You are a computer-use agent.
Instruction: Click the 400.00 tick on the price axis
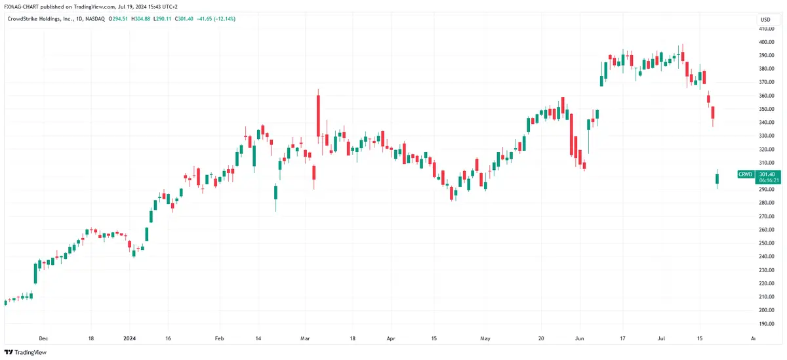point(766,42)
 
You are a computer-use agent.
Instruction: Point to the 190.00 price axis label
point(766,324)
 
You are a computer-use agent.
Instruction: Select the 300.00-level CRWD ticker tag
point(746,174)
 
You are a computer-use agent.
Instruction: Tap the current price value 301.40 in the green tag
point(767,174)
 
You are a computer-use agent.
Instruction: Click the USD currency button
point(765,20)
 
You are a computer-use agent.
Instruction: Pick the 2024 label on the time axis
point(129,338)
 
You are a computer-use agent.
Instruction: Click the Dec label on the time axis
point(43,338)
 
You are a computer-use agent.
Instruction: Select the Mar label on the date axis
point(305,338)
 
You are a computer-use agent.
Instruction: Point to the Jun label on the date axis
point(579,338)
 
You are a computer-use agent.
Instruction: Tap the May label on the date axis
point(485,338)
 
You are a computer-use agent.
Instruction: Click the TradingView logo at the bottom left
point(26,352)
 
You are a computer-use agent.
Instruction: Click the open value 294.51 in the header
point(120,19)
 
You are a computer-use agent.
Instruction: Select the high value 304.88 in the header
point(143,19)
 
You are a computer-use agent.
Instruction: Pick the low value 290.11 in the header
point(164,19)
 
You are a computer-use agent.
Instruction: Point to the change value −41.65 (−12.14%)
point(216,19)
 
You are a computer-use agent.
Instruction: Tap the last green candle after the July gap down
point(717,179)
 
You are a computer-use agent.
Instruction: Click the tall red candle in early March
point(318,116)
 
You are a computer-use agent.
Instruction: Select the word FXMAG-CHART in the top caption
point(21,7)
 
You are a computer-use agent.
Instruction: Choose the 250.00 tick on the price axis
point(766,243)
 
